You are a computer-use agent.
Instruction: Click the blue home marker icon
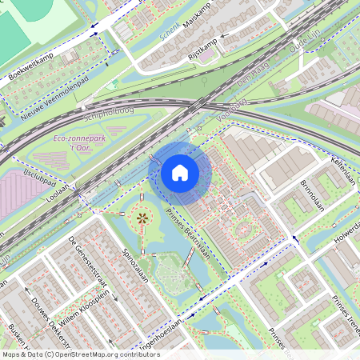(x=180, y=173)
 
